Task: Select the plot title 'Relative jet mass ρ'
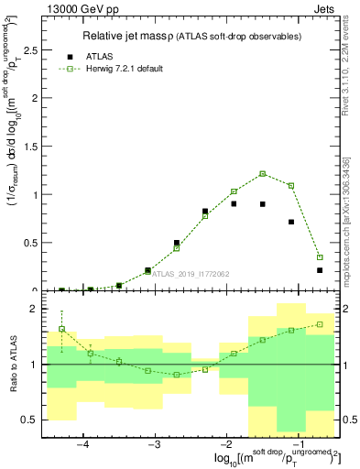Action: (x=135, y=36)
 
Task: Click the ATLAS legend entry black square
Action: (x=71, y=56)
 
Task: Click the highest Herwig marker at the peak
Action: (x=262, y=173)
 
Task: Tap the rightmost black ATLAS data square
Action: (x=320, y=270)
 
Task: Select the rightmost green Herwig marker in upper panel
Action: (x=320, y=257)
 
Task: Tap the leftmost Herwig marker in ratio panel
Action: (x=61, y=329)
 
